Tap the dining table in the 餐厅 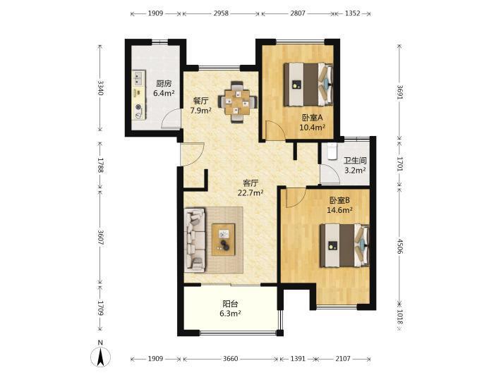click(x=237, y=102)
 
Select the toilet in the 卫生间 click(x=332, y=151)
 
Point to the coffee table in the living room click(x=224, y=240)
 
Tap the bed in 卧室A click(x=308, y=85)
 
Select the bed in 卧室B click(x=345, y=245)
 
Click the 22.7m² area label click(x=250, y=192)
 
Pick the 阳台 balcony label click(x=230, y=304)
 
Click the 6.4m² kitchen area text click(x=164, y=93)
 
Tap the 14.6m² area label click(x=339, y=209)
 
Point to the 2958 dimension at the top click(x=221, y=13)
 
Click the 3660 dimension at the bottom click(x=230, y=359)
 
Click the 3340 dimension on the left click(x=100, y=88)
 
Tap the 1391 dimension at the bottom click(x=298, y=359)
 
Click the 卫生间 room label click(x=355, y=161)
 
